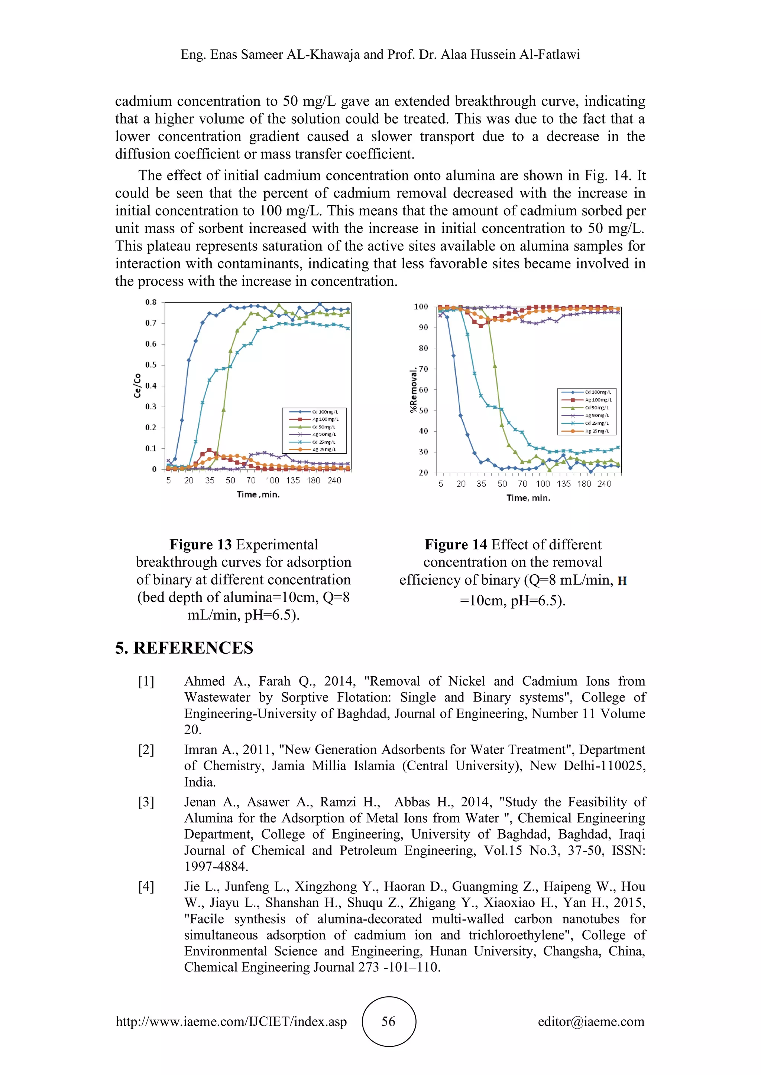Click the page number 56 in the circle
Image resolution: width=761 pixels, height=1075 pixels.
pyautogui.click(x=388, y=1021)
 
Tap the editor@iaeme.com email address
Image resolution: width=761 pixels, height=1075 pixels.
pyautogui.click(x=591, y=1021)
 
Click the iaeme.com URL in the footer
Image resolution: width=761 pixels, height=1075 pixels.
pyautogui.click(x=231, y=1021)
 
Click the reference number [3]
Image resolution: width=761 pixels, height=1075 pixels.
pyautogui.click(x=146, y=802)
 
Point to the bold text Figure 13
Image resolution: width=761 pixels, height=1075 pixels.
pyautogui.click(x=201, y=545)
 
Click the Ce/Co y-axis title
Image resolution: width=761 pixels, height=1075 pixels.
pyautogui.click(x=137, y=385)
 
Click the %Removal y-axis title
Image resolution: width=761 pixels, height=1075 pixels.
pyautogui.click(x=413, y=390)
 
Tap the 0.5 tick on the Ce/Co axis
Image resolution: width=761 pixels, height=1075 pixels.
pyautogui.click(x=150, y=365)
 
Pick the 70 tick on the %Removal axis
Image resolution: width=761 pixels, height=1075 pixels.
pyautogui.click(x=423, y=369)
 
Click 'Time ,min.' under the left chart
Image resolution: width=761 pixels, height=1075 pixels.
pyautogui.click(x=258, y=494)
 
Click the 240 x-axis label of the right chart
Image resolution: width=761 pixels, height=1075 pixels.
pyautogui.click(x=604, y=484)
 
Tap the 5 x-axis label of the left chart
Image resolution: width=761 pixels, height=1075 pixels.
pyautogui.click(x=169, y=480)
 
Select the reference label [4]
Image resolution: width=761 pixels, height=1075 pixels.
pyautogui.click(x=146, y=886)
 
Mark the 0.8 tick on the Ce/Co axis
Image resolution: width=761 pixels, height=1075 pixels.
pyautogui.click(x=150, y=303)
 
